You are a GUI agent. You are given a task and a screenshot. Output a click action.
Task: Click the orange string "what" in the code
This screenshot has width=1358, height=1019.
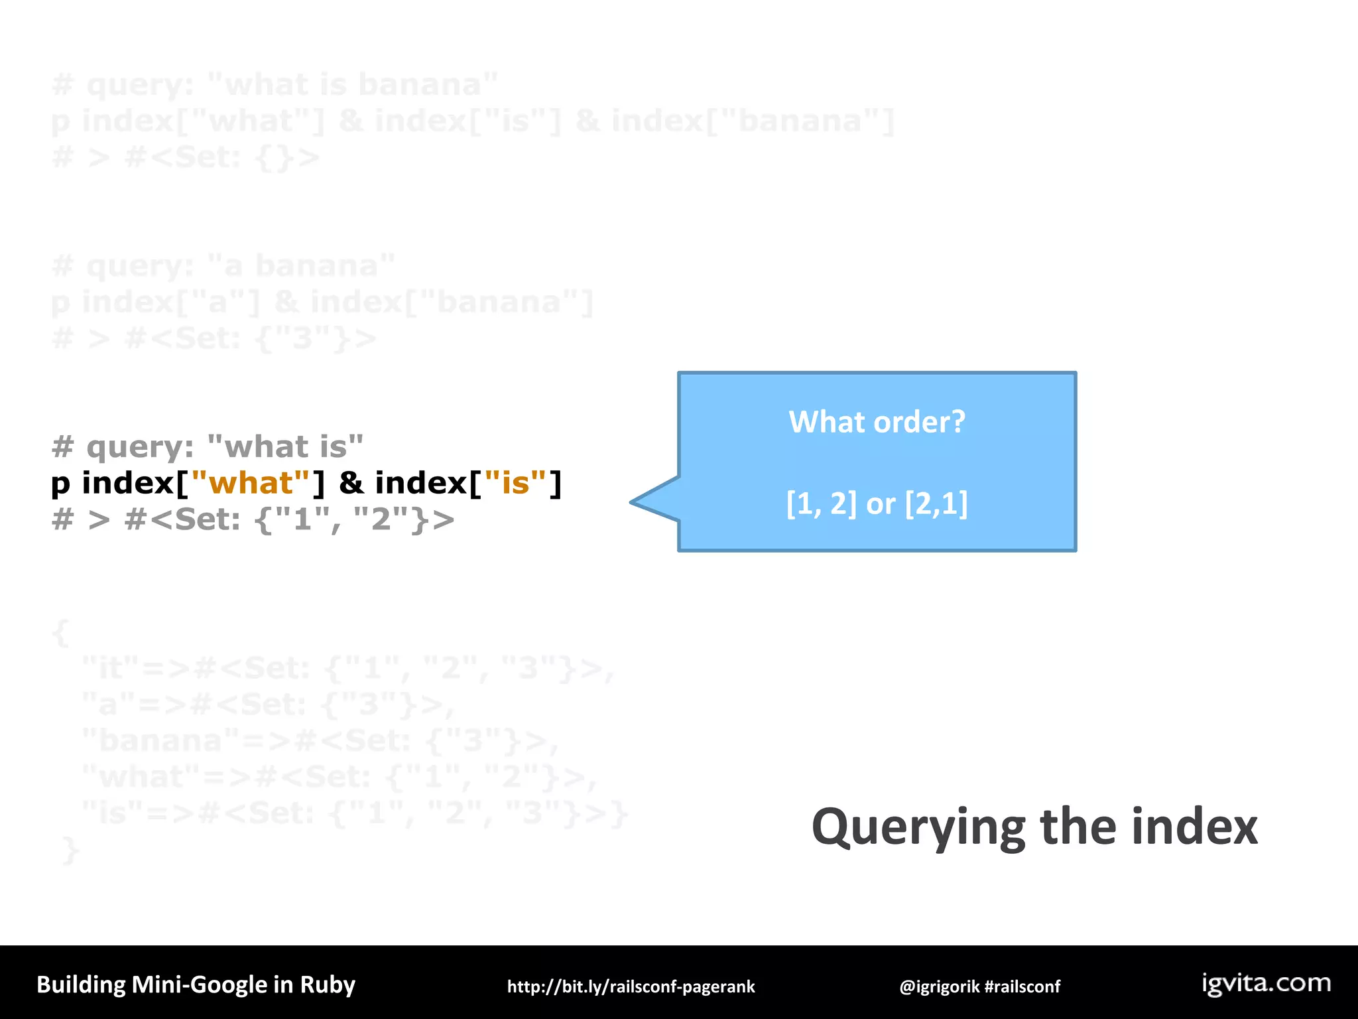(x=250, y=484)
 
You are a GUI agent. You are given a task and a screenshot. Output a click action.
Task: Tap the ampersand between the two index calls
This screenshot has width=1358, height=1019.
(x=351, y=484)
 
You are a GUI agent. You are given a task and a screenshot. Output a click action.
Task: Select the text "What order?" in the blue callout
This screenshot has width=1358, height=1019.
(x=877, y=422)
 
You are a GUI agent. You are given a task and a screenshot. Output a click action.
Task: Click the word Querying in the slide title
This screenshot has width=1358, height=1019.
(x=919, y=828)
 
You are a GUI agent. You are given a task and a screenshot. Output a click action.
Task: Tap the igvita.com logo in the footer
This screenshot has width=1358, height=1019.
(x=1266, y=983)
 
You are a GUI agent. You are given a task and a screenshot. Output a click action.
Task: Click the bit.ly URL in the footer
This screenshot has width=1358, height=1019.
(x=631, y=986)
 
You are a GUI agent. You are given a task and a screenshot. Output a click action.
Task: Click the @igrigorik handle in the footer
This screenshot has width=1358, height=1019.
(x=939, y=986)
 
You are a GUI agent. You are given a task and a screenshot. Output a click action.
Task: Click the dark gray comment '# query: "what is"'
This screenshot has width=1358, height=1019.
(x=208, y=447)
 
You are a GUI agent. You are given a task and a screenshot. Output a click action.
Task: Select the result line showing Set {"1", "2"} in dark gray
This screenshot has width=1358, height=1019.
(x=253, y=520)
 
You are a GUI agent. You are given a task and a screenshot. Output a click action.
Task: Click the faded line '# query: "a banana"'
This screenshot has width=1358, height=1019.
(x=223, y=266)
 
